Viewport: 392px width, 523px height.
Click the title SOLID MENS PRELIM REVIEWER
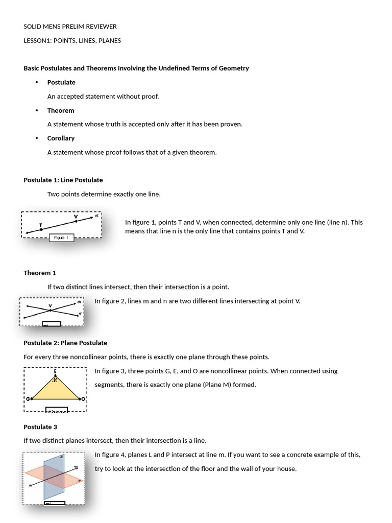(70, 27)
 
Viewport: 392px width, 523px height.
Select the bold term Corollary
(61, 138)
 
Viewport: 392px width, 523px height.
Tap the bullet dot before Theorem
(37, 111)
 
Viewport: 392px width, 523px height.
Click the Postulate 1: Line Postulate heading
(63, 180)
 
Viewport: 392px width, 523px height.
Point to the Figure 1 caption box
(62, 237)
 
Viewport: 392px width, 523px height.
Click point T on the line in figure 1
(41, 230)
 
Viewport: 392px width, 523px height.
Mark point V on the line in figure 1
(76, 222)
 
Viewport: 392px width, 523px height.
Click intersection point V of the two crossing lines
(50, 311)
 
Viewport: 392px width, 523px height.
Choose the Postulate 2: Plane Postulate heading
(65, 343)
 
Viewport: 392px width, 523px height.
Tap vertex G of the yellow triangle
(32, 398)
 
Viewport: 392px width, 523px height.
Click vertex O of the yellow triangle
(80, 398)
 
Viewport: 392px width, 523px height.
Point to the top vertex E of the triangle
(55, 376)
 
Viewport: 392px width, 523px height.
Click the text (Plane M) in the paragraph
(215, 385)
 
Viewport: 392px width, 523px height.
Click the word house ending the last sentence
(286, 469)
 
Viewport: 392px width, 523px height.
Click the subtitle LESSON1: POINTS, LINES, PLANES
(72, 41)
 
